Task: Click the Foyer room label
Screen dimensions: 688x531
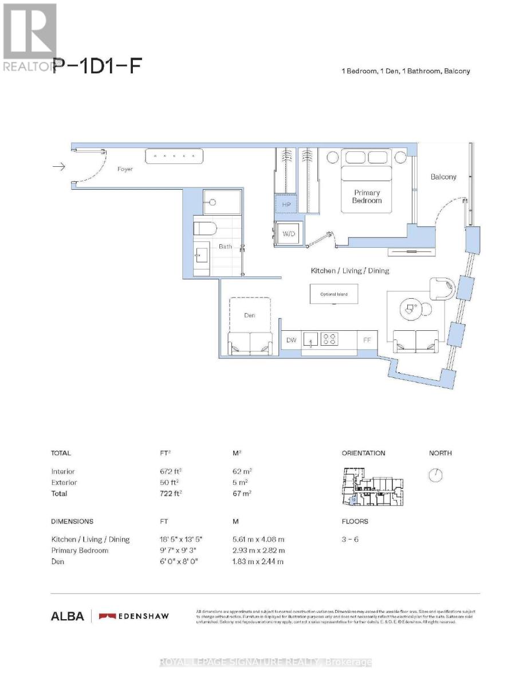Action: pyautogui.click(x=125, y=169)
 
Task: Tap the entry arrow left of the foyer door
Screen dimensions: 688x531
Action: pyautogui.click(x=59, y=167)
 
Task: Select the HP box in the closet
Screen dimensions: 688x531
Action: pyautogui.click(x=286, y=205)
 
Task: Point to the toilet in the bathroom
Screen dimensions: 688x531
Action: pyautogui.click(x=204, y=229)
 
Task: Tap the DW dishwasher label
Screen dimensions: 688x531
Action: pyautogui.click(x=291, y=340)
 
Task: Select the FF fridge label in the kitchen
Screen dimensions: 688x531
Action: pyautogui.click(x=367, y=340)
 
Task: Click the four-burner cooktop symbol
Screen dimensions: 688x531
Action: pyautogui.click(x=329, y=339)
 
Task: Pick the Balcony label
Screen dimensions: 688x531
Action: pyautogui.click(x=443, y=177)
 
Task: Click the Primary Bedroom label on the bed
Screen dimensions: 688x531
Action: pyautogui.click(x=367, y=197)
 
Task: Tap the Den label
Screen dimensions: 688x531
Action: pyautogui.click(x=249, y=315)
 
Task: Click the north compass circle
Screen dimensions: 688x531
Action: pyautogui.click(x=436, y=475)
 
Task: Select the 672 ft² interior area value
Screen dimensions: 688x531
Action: pyautogui.click(x=172, y=472)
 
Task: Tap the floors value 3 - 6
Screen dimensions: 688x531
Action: pyautogui.click(x=350, y=540)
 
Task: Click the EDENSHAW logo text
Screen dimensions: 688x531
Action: pyautogui.click(x=143, y=616)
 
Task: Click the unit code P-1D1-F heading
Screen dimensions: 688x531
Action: pyautogui.click(x=96, y=67)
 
